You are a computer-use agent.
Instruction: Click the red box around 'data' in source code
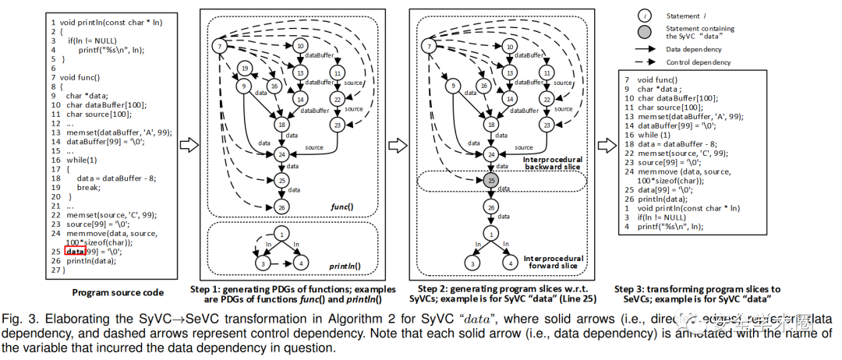pos(75,252)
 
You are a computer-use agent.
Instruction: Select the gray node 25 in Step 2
pos(490,181)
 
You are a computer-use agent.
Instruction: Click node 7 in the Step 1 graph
pos(221,46)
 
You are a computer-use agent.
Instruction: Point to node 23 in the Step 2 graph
pos(547,124)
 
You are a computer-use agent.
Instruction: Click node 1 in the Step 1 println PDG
pos(281,233)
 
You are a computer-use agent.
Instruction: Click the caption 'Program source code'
pos(118,292)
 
